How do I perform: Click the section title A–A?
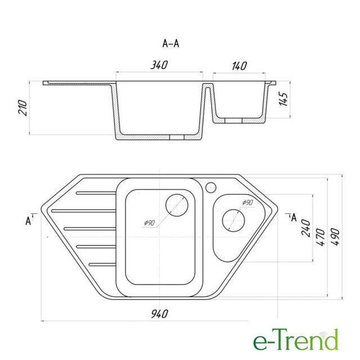tap(170, 43)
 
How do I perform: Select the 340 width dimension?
tap(159, 65)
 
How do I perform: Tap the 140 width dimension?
tap(239, 66)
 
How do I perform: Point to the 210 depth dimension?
tap(23, 107)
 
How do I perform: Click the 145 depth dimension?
tap(283, 99)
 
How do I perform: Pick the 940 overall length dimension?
tap(160, 314)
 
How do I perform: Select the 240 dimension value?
tap(306, 228)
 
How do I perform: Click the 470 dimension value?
tap(321, 237)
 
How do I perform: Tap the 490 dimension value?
tap(335, 237)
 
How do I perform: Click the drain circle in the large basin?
tap(177, 205)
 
